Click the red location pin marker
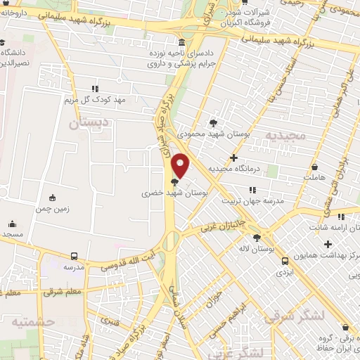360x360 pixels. (181, 166)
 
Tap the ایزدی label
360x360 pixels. (283, 270)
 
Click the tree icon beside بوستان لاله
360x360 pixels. (257, 238)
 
